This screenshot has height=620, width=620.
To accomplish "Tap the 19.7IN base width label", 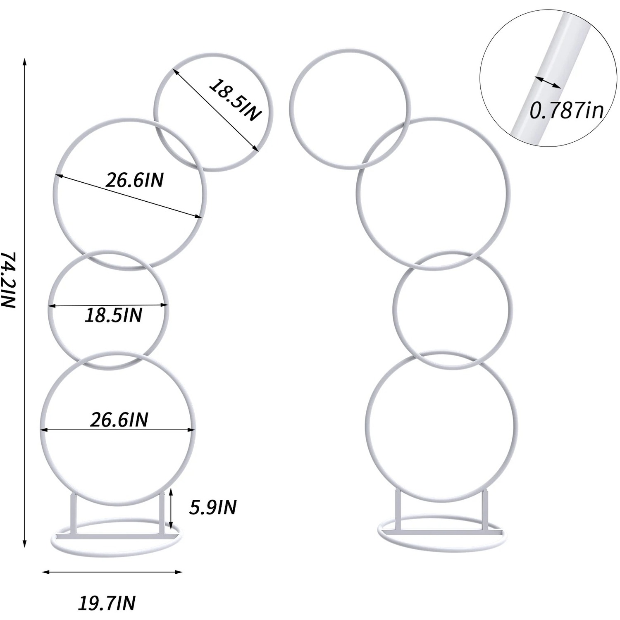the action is pos(107,603).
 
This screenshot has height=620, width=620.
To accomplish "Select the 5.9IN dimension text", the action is pos(212,507).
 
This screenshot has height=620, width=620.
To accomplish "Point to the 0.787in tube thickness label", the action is pos(567,110).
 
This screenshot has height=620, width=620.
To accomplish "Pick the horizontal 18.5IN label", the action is pos(113,315).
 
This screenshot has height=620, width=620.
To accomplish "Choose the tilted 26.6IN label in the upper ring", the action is pos(134,180).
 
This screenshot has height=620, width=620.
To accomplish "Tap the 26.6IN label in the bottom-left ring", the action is pos(119,420).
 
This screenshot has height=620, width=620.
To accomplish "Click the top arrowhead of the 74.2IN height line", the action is pos(25,62).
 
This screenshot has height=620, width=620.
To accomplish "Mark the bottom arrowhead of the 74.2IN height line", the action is pos(25,544).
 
